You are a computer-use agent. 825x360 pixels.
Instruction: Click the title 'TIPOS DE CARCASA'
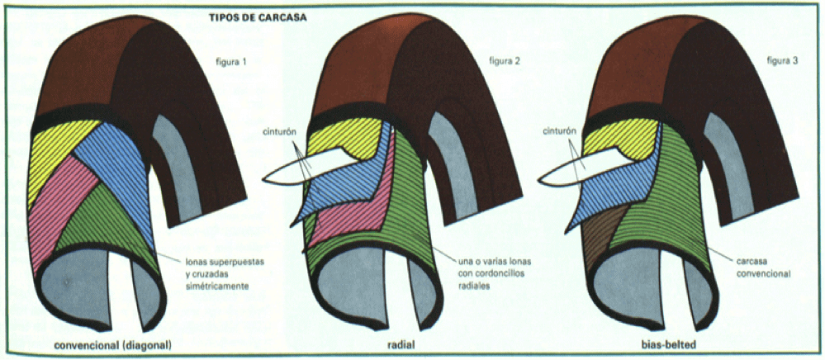tap(258, 17)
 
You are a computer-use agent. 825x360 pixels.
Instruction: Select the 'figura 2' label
tap(504, 61)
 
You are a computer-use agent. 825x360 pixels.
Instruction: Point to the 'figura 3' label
tap(781, 61)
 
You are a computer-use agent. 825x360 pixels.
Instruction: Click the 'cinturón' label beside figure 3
tap(557, 130)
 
